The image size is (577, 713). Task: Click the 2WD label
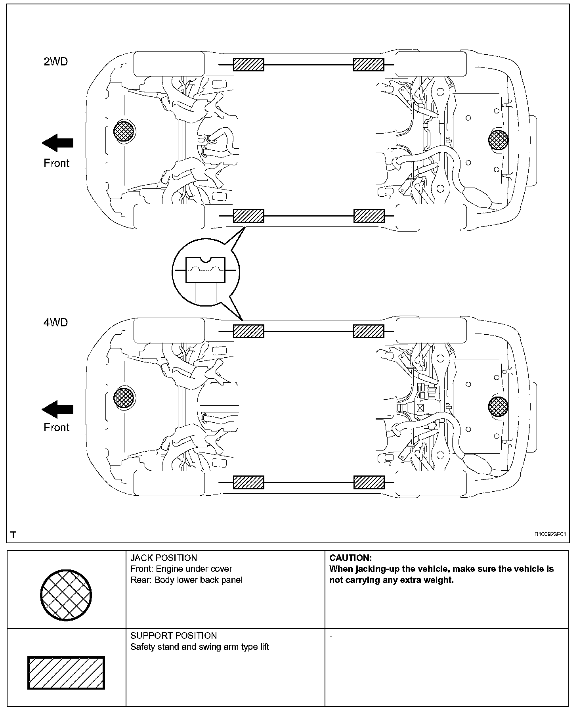[55, 62]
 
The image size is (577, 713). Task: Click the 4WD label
[55, 322]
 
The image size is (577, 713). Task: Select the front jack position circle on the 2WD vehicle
[124, 130]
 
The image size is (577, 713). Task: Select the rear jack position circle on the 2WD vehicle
[498, 140]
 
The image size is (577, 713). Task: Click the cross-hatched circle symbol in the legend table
[66, 595]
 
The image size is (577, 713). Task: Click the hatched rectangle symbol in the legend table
[66, 673]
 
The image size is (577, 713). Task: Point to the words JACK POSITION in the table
[164, 558]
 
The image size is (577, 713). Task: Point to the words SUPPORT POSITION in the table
[174, 636]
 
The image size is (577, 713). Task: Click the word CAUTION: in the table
[350, 558]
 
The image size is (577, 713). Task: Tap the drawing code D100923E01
[550, 535]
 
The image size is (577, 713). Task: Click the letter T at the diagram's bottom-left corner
[13, 535]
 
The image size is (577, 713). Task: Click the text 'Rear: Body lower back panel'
[186, 580]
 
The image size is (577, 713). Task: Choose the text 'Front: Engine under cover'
[181, 569]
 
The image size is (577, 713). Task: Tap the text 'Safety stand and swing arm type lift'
[200, 647]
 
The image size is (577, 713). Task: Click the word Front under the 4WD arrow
[56, 427]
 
